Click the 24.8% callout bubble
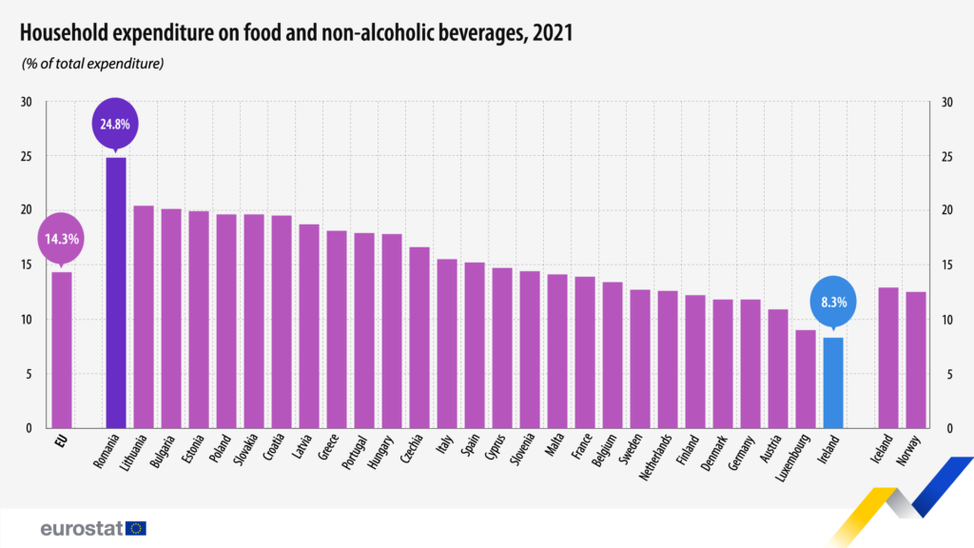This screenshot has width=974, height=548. point(116,123)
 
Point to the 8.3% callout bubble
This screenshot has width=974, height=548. point(833,303)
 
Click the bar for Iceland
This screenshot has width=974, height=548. point(888,358)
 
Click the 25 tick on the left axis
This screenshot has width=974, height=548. point(27,157)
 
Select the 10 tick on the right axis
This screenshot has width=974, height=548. point(946,320)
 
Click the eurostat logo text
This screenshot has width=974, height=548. point(81,528)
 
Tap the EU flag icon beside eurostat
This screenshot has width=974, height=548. point(136,528)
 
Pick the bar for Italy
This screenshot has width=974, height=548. point(447,343)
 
